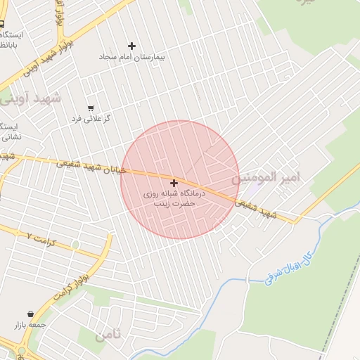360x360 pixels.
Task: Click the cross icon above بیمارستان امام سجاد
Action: pyautogui.click(x=132, y=46)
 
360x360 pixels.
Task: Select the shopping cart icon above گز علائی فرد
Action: pyautogui.click(x=91, y=108)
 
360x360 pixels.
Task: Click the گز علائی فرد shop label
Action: pyautogui.click(x=91, y=118)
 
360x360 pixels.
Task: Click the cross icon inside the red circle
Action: pyautogui.click(x=174, y=183)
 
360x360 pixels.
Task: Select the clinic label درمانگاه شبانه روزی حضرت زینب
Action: pyautogui.click(x=174, y=197)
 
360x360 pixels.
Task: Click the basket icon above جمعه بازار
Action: pyautogui.click(x=30, y=314)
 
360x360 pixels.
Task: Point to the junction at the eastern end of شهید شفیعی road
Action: pyautogui.click(x=296, y=221)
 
